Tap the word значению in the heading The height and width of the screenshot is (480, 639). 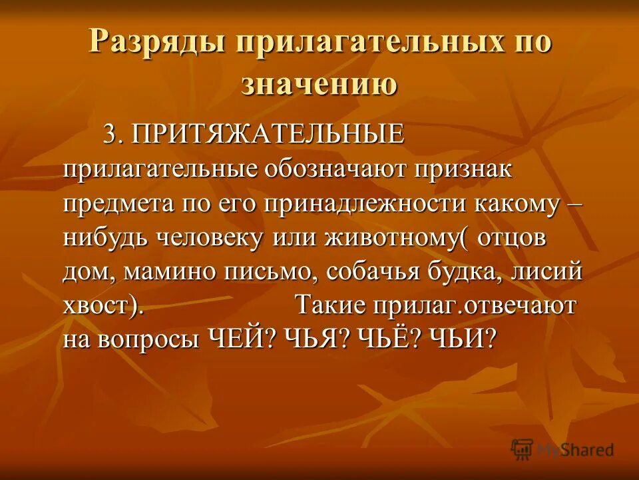319,85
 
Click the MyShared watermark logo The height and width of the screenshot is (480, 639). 562,449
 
